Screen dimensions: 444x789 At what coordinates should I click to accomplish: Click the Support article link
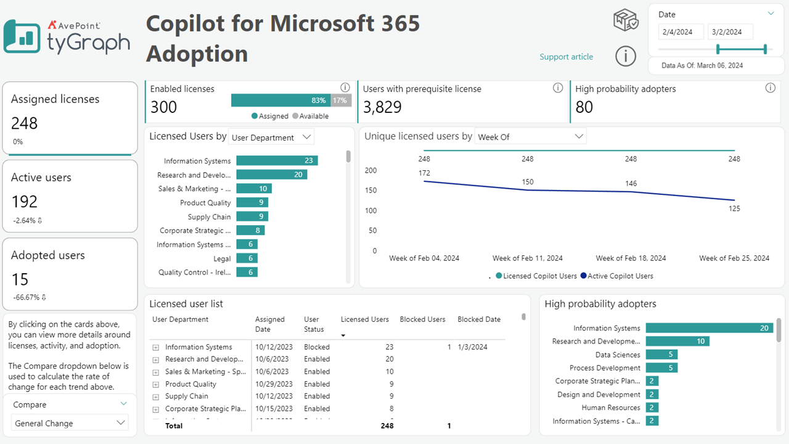pos(566,57)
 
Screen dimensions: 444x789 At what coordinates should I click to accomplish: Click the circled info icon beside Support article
pos(626,56)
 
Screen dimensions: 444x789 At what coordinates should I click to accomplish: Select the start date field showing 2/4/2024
pos(681,32)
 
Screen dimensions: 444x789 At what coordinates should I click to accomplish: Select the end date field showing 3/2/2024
pos(730,32)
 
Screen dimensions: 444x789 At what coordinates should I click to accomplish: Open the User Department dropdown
pos(271,138)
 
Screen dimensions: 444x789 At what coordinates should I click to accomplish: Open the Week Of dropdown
pos(530,137)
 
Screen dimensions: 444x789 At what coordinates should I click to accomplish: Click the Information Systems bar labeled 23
pos(277,160)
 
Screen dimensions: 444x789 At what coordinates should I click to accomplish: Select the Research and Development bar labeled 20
pos(271,175)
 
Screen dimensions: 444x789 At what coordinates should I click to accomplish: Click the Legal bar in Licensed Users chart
pos(247,258)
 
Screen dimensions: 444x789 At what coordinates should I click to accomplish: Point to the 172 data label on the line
pos(424,173)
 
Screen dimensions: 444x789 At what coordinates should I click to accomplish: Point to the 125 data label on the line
pos(734,208)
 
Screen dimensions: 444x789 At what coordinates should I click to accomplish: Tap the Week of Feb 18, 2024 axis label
pos(631,258)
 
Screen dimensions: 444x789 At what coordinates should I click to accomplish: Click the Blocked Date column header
pos(478,319)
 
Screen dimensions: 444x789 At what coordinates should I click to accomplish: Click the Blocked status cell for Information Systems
pos(316,347)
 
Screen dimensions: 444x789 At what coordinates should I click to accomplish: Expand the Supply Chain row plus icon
pos(156,397)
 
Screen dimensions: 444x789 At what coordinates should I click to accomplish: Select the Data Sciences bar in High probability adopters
pos(661,355)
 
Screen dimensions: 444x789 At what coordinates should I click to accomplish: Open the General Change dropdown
pos(70,423)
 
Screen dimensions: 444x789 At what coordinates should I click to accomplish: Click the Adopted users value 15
pos(20,279)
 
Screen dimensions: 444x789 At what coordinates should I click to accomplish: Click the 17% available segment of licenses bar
pos(340,101)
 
